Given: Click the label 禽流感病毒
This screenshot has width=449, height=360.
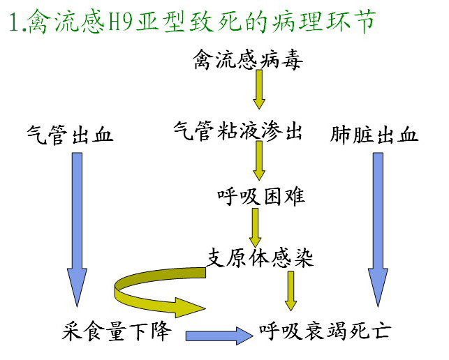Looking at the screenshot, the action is click(x=248, y=59).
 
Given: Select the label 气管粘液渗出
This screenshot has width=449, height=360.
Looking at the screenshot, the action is click(x=237, y=131).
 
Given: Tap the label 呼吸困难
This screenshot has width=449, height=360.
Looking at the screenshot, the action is click(x=261, y=196).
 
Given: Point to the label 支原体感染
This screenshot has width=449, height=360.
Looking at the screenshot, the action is click(x=260, y=258).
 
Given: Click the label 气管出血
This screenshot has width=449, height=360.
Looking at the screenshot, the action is click(x=70, y=135).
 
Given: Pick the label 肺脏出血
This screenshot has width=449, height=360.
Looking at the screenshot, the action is click(x=374, y=134).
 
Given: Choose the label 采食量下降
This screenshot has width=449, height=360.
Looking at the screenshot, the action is click(x=117, y=331).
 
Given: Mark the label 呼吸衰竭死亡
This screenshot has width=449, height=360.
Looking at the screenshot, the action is click(x=325, y=331).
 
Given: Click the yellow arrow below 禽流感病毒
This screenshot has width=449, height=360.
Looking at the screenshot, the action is click(x=259, y=89).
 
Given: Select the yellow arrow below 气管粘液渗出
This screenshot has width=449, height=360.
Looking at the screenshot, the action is click(x=259, y=160).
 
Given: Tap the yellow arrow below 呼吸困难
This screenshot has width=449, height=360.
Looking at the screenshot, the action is click(x=255, y=227).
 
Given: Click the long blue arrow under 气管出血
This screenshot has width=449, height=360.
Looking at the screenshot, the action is click(x=77, y=230).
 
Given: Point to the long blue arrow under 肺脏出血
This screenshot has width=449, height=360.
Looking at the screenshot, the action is click(x=378, y=230).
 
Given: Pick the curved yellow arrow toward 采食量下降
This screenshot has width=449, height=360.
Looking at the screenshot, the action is click(x=118, y=289).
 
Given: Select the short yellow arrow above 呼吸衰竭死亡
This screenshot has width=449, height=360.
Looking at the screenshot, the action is click(x=290, y=291).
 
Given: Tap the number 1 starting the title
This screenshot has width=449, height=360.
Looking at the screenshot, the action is click(x=14, y=22).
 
